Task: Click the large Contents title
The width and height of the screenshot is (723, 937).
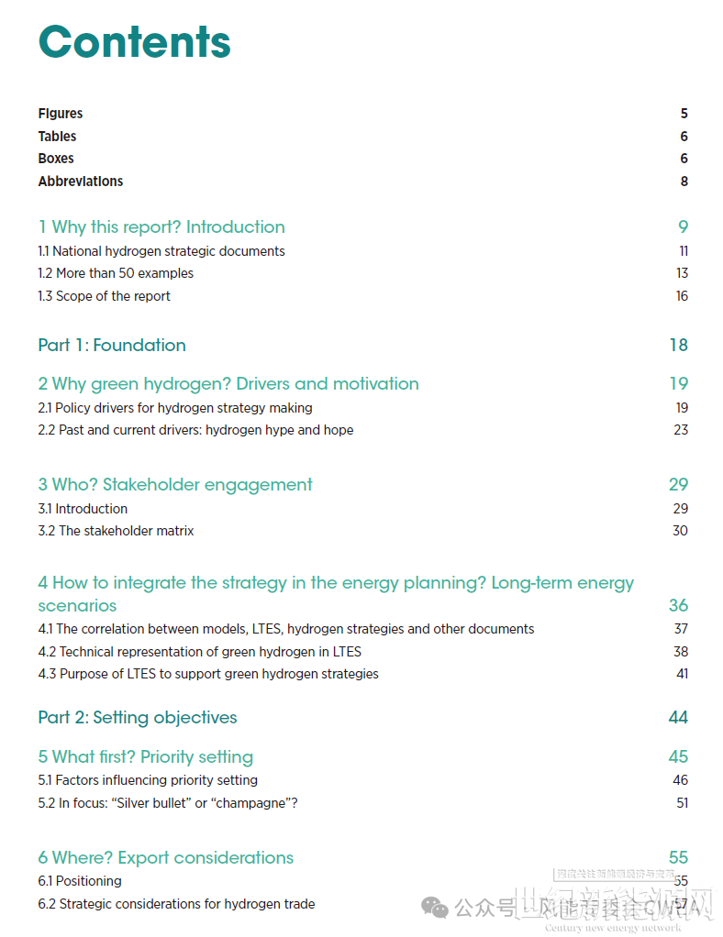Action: click(x=134, y=42)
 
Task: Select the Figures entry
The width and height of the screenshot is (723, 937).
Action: click(x=61, y=114)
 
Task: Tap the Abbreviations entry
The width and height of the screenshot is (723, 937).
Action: click(x=81, y=182)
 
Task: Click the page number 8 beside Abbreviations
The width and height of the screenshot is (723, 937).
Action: click(x=684, y=182)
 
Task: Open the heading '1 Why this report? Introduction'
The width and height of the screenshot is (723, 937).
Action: click(x=161, y=227)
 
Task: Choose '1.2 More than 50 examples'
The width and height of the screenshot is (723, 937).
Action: click(x=116, y=273)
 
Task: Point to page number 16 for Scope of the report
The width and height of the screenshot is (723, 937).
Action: click(x=682, y=296)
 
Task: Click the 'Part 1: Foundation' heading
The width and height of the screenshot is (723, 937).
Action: click(x=112, y=346)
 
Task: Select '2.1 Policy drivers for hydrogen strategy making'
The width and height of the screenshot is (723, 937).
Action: click(x=175, y=408)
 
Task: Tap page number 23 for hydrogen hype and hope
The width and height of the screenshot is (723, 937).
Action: click(x=680, y=430)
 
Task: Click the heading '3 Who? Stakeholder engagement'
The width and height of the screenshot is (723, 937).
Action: click(x=175, y=485)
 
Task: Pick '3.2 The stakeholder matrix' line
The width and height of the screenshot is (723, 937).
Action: click(x=116, y=531)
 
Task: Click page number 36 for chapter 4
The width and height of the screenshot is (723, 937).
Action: click(x=678, y=606)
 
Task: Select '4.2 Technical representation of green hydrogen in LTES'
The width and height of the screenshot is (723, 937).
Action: click(x=200, y=652)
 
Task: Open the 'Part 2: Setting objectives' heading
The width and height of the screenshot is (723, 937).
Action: click(x=138, y=718)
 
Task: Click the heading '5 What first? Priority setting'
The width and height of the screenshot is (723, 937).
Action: click(x=145, y=757)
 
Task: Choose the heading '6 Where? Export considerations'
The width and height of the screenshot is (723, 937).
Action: click(x=166, y=858)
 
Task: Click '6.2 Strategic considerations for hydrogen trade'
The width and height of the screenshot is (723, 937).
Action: click(x=176, y=904)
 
